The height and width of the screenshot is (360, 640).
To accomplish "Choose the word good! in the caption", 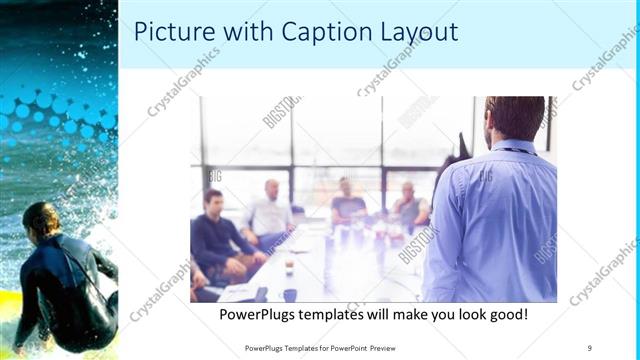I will (506, 315).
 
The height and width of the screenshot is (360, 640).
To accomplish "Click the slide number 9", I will (589, 347).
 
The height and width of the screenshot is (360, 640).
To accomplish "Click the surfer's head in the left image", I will (41, 218).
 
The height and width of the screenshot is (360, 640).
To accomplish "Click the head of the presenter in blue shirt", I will (514, 118).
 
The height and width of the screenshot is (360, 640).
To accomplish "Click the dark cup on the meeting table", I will (289, 294).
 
